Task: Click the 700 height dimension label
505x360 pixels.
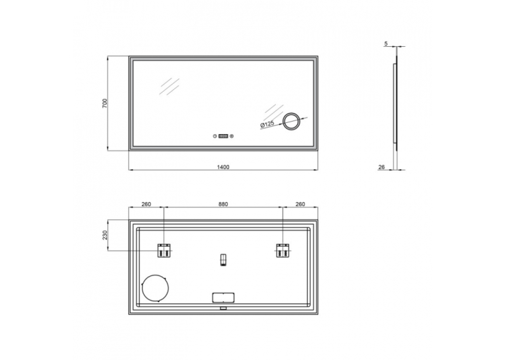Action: point(105,103)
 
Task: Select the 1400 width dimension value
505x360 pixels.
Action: point(223,167)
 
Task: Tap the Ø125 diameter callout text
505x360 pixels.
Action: point(267,124)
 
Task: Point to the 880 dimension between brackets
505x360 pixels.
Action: point(223,204)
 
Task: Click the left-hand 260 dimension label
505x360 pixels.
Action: point(146,204)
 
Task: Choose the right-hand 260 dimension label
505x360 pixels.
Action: point(300,204)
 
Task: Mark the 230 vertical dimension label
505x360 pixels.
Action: point(105,235)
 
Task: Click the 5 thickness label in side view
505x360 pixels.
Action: point(386,44)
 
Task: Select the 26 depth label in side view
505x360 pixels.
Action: point(382,167)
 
